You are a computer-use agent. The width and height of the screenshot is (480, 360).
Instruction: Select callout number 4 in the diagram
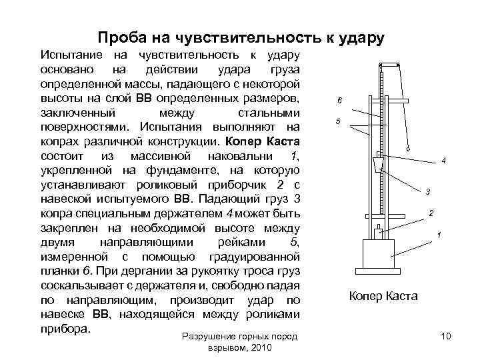(x=443, y=161)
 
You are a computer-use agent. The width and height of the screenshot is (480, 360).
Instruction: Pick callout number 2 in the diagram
(x=431, y=213)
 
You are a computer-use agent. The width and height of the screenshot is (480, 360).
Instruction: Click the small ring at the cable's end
(x=408, y=149)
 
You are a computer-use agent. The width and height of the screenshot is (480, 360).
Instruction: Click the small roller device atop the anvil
(x=377, y=233)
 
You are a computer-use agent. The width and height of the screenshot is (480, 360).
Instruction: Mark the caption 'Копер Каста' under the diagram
(x=383, y=295)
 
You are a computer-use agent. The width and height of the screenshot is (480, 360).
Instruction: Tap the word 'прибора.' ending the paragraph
(x=65, y=329)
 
